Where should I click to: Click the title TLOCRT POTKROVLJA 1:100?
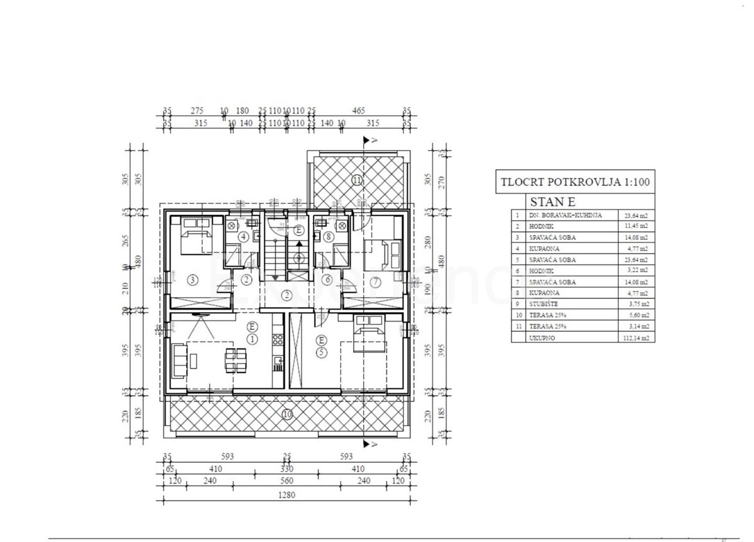pos(575,184)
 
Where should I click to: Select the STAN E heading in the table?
pos(553,202)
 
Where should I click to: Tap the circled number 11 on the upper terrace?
pos(357,180)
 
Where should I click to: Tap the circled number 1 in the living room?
pos(252,339)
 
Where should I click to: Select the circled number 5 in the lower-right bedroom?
pos(321,352)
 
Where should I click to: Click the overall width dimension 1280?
pos(287,495)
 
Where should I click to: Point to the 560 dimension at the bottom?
pos(287,480)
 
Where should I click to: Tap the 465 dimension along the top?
pos(359,111)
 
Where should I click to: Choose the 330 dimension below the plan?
pos(287,468)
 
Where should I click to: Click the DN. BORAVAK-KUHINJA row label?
pos(560,215)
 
